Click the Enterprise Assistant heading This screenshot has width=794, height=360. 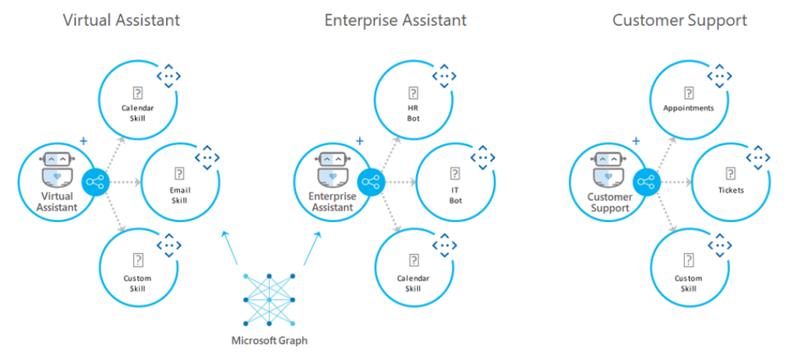395,21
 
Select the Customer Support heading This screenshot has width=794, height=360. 679,21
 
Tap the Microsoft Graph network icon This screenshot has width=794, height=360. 268,301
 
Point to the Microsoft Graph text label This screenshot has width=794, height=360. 268,341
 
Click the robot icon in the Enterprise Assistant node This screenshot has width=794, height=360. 333,168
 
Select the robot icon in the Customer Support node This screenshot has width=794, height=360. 609,168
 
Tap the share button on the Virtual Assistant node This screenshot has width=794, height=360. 96,184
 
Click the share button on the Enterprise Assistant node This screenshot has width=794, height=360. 371,184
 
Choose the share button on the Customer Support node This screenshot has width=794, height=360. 646,184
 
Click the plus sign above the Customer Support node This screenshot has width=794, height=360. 636,141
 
